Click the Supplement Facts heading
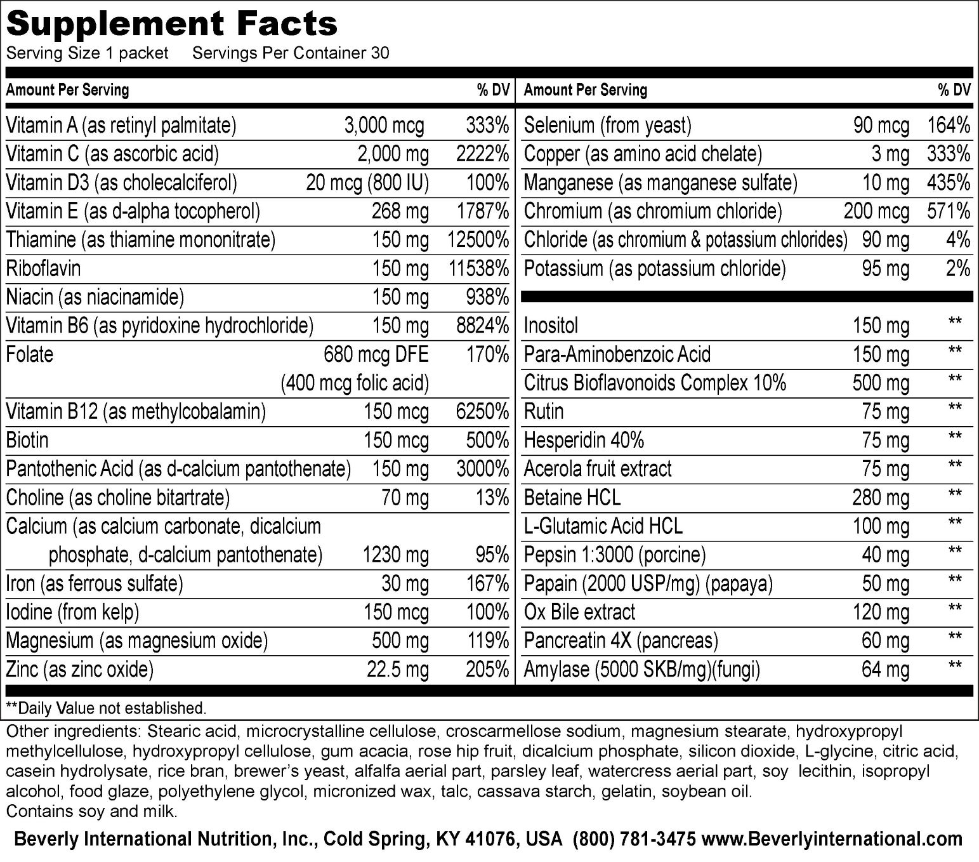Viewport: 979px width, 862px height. [x=171, y=24]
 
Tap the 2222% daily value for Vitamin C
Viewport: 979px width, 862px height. [x=482, y=154]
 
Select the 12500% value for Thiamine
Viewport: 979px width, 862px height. [x=478, y=240]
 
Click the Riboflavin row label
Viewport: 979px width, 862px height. [x=44, y=269]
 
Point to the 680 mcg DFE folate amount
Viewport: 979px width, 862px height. [x=376, y=354]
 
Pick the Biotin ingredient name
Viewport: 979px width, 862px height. [x=27, y=440]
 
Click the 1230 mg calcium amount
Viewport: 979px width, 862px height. [x=395, y=555]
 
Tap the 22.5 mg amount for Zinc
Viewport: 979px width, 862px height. [x=398, y=670]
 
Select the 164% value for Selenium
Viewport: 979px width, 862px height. [x=949, y=126]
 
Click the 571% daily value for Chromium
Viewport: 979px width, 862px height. [x=949, y=211]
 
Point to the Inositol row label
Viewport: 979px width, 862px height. [x=551, y=326]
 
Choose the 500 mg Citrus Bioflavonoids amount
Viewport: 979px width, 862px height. [x=881, y=383]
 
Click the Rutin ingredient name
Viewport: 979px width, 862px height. [x=544, y=411]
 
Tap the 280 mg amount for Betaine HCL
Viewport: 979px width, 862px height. [x=881, y=497]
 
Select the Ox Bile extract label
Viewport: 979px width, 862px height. [x=579, y=612]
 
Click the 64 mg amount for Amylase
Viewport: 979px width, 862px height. [x=885, y=670]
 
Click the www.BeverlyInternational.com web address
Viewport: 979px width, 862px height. [x=832, y=839]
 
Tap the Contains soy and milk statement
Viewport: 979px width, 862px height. [x=91, y=812]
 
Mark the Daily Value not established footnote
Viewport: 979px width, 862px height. [x=106, y=708]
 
